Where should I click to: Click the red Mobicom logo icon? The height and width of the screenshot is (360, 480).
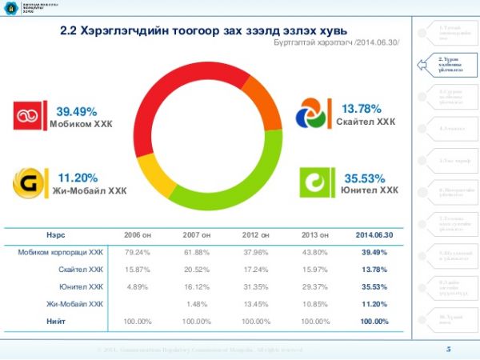(30, 115)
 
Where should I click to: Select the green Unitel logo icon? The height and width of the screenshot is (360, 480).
(314, 182)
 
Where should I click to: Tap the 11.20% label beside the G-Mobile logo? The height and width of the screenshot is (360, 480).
(78, 178)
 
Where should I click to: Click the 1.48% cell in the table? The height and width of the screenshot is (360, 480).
(196, 304)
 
